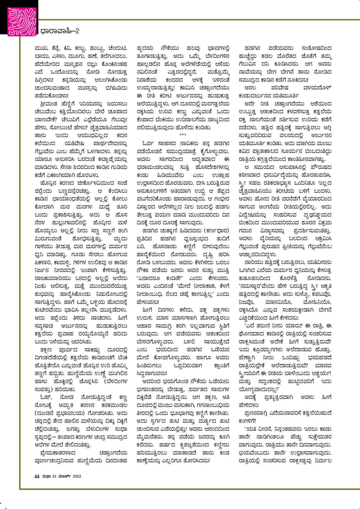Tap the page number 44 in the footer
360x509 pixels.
[37, 476]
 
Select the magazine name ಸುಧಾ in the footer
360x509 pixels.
[46, 476]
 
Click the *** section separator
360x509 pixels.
[183, 135]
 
